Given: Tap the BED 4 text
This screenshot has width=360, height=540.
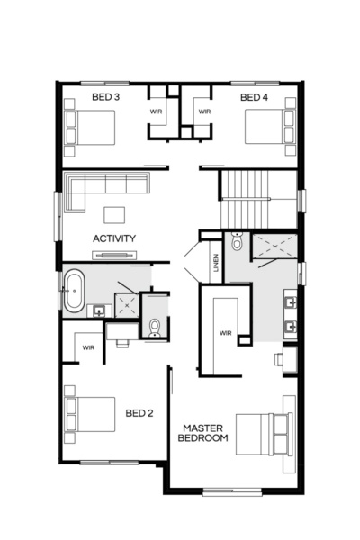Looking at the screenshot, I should pos(255,96).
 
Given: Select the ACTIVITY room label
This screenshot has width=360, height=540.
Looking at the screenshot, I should pos(114,238).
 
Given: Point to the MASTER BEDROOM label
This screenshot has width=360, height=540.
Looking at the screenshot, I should pos(204,432).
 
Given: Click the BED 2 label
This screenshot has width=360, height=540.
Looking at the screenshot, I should pos(139,413).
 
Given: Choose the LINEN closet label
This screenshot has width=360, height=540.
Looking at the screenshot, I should pos(215,263).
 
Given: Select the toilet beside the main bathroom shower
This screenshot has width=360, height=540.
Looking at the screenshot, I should pos(154,325).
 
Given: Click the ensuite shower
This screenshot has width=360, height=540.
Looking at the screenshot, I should pos(274,247).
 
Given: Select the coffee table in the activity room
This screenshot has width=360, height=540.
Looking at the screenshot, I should pos(114,214).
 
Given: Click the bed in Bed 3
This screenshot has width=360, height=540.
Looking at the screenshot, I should pos(90,127).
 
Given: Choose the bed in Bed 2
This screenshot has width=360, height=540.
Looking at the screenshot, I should pos(90,413).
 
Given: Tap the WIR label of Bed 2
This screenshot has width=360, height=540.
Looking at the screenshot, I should pos(89,346).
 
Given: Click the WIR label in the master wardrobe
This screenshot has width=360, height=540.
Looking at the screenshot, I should pos(225,332).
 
